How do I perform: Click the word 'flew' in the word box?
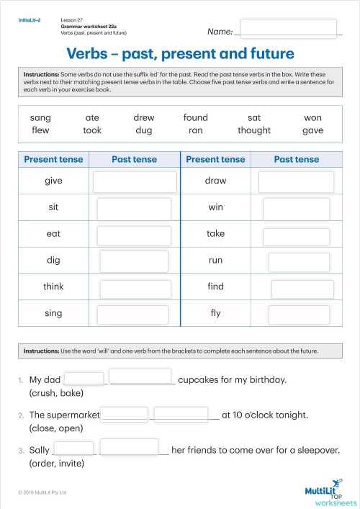40,130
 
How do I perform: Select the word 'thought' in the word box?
254,130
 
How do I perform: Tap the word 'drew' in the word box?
144,117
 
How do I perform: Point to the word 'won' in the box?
312,117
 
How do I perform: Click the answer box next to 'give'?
135,181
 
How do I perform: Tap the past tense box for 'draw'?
296,181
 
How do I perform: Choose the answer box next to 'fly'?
299,314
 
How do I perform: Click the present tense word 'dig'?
53,260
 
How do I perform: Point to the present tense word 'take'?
215,233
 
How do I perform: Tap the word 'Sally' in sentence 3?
40,450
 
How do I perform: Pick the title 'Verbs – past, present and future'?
180,54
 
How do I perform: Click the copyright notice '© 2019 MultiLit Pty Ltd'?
42,492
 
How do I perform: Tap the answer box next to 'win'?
296,208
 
